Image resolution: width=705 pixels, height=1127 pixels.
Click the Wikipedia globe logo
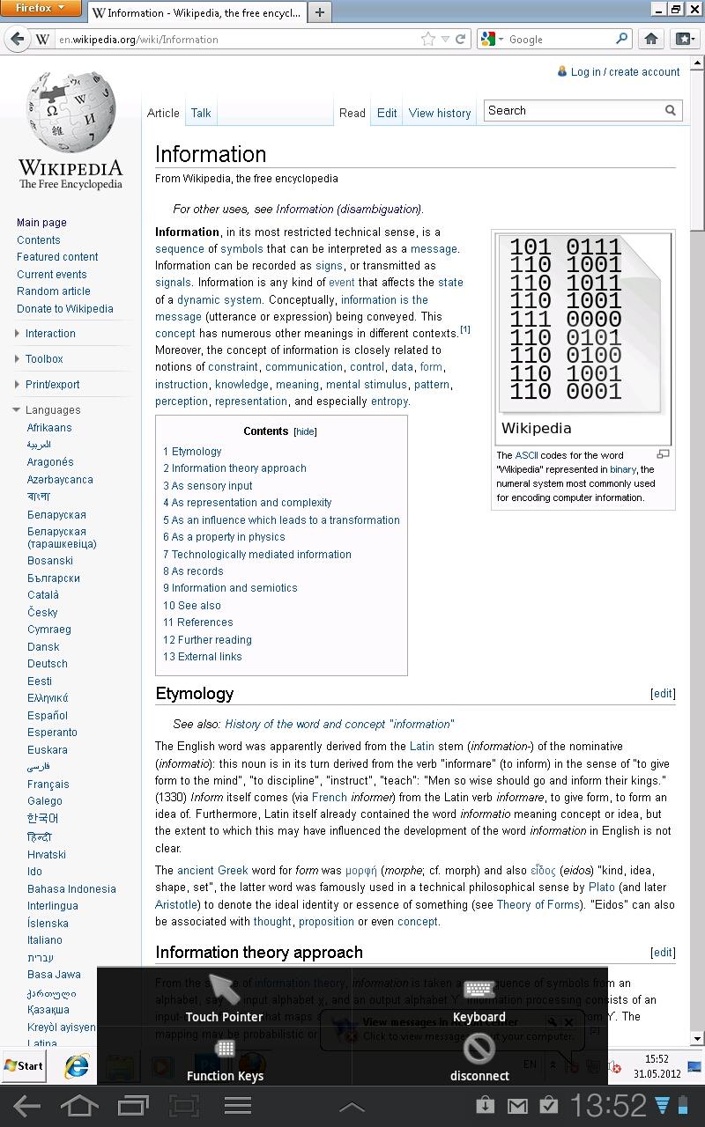(70, 114)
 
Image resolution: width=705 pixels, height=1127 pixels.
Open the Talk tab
(201, 113)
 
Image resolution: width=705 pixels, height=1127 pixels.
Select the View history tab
(440, 113)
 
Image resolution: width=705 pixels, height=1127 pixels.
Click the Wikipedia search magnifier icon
(671, 111)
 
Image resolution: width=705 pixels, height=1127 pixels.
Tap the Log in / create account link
(625, 72)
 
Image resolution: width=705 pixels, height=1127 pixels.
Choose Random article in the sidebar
(53, 291)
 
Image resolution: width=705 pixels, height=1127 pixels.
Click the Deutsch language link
(47, 664)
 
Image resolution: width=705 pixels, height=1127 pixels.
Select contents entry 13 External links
(202, 657)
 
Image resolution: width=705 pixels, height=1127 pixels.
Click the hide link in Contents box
(305, 432)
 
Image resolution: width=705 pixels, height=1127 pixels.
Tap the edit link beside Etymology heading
(663, 694)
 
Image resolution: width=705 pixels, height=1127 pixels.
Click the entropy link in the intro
(389, 401)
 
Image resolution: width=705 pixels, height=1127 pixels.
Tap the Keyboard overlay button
(479, 1001)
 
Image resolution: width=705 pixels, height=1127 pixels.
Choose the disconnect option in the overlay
(479, 1057)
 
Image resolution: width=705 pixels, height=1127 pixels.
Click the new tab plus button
(320, 12)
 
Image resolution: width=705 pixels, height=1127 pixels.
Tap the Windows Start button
(24, 1066)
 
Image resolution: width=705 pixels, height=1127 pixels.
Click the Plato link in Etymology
(602, 888)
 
